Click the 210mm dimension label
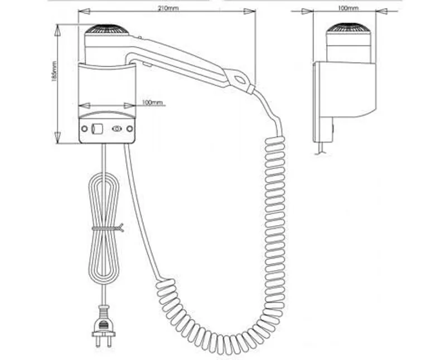click(x=168, y=8)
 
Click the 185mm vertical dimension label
click(x=54, y=72)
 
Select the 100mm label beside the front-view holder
click(x=152, y=103)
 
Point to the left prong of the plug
click(x=98, y=342)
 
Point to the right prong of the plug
click(x=109, y=342)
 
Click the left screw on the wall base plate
click(x=85, y=129)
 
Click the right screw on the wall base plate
click(x=129, y=129)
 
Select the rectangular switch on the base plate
click(x=96, y=129)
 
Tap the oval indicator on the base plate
click(x=117, y=129)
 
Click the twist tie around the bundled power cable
click(x=108, y=228)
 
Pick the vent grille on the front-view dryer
click(x=107, y=30)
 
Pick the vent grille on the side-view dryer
click(x=348, y=28)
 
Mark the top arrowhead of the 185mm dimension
click(x=57, y=30)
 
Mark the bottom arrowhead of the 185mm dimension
click(x=57, y=138)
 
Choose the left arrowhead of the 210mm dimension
click(x=84, y=11)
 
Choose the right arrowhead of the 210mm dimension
click(x=250, y=11)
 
